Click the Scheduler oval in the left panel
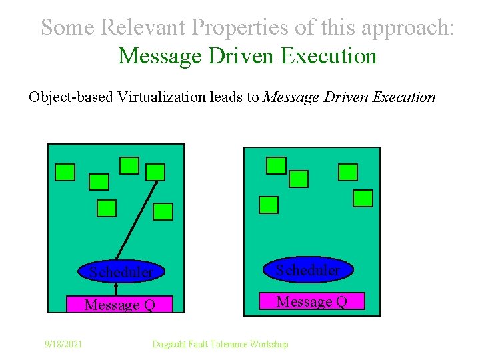pyautogui.click(x=123, y=271)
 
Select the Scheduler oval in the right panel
pyautogui.click(x=307, y=270)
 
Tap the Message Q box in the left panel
pyautogui.click(x=120, y=305)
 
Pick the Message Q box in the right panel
pyautogui.click(x=311, y=301)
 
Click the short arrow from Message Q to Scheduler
pyautogui.click(x=116, y=289)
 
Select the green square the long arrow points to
pyautogui.click(x=155, y=173)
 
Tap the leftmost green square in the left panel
pyautogui.click(x=65, y=173)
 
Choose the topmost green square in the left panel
pyautogui.click(x=129, y=165)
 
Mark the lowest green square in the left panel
pyautogui.click(x=163, y=212)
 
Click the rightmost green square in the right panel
pyautogui.click(x=363, y=198)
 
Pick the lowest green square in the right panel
pyautogui.click(x=268, y=205)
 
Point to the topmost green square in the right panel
pyautogui.click(x=276, y=165)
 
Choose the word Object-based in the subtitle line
pyautogui.click(x=71, y=97)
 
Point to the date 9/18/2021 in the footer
pyautogui.click(x=63, y=344)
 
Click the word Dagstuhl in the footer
pyautogui.click(x=171, y=344)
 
